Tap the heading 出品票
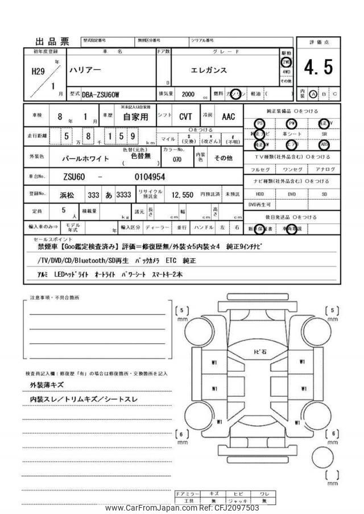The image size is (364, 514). [x=52, y=41]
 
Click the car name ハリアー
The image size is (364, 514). [x=86, y=71]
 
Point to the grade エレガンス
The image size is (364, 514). [x=208, y=71]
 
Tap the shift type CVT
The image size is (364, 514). [x=185, y=117]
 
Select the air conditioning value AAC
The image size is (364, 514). [x=228, y=117]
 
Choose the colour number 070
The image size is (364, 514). [x=177, y=160]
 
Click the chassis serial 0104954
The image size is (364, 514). [x=150, y=177]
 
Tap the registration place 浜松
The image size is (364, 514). [x=68, y=194]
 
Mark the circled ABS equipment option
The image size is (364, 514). [x=324, y=144]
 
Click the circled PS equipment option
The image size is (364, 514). [x=260, y=123]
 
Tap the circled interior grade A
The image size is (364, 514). [x=313, y=94]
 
